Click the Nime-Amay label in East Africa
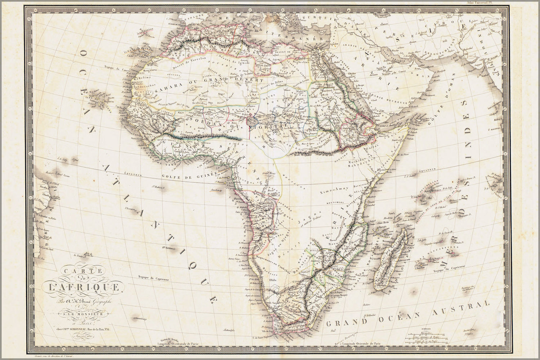click(x=332, y=189)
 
